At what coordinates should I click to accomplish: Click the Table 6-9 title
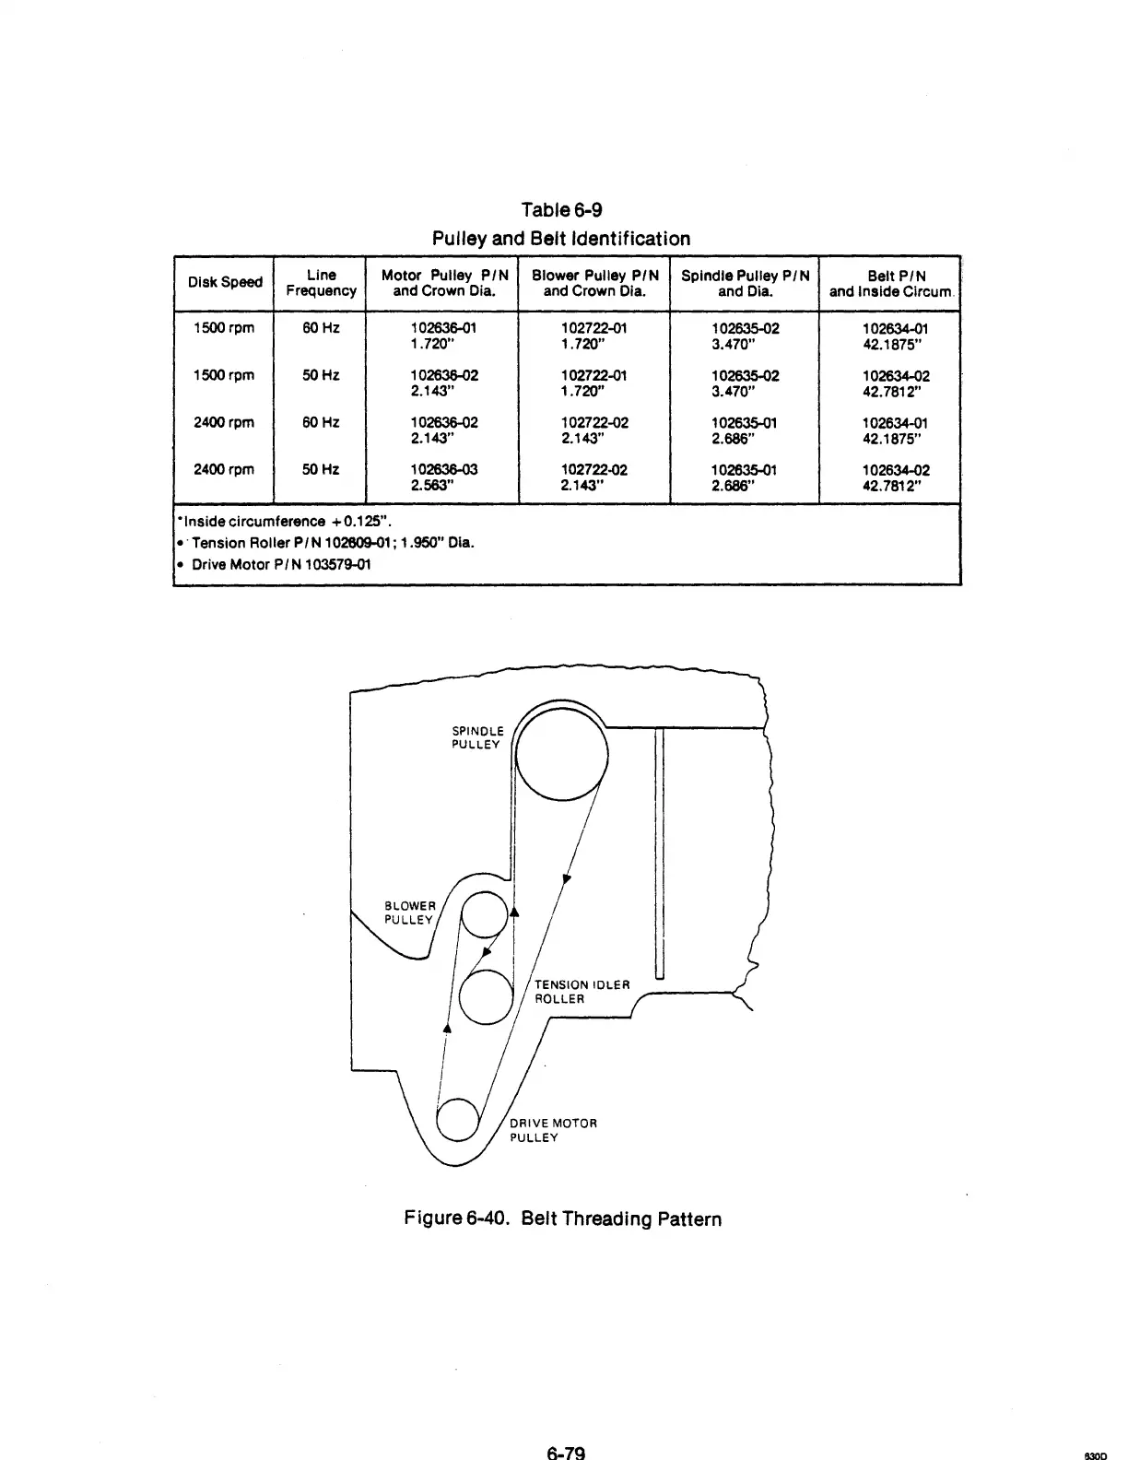coord(561,210)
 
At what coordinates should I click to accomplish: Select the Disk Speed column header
coord(225,282)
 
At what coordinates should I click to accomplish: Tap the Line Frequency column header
coord(321,283)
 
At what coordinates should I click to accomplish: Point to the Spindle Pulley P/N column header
coord(745,283)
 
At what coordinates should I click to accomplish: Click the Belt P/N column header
coord(890,283)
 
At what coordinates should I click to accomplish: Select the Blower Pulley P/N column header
coord(594,283)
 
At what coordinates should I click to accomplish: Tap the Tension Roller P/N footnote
coord(332,542)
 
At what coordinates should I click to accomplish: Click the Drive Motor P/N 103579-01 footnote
coord(281,564)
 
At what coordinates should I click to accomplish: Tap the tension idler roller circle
coord(485,998)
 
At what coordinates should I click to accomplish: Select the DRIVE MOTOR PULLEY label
coord(554,1130)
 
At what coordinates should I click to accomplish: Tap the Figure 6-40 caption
coord(563,1219)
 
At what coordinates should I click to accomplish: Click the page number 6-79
coord(566,1452)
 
